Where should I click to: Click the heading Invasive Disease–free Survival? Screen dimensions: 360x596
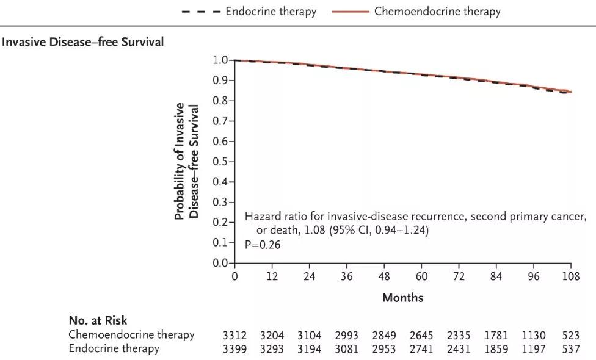(83, 43)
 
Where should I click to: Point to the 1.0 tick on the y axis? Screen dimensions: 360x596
(220, 60)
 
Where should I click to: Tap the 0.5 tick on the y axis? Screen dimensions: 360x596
(220, 162)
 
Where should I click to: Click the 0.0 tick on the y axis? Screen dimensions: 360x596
(220, 264)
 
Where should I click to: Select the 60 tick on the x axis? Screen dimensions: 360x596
(421, 276)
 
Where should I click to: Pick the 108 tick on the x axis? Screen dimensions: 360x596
(570, 276)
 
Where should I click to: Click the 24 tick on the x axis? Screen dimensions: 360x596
(310, 276)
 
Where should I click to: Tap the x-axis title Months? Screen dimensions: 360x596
(402, 298)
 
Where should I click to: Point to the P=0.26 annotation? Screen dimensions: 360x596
(263, 244)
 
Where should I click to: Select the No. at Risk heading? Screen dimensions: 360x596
(98, 320)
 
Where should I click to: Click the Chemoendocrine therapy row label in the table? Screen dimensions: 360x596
(131, 334)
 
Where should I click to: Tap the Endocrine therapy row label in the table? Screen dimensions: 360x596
(114, 348)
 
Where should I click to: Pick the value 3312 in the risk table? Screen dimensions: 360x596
(235, 335)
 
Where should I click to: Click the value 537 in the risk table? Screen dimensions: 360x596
(570, 349)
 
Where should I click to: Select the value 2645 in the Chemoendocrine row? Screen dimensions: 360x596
(421, 335)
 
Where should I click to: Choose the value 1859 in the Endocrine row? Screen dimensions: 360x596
(496, 349)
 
